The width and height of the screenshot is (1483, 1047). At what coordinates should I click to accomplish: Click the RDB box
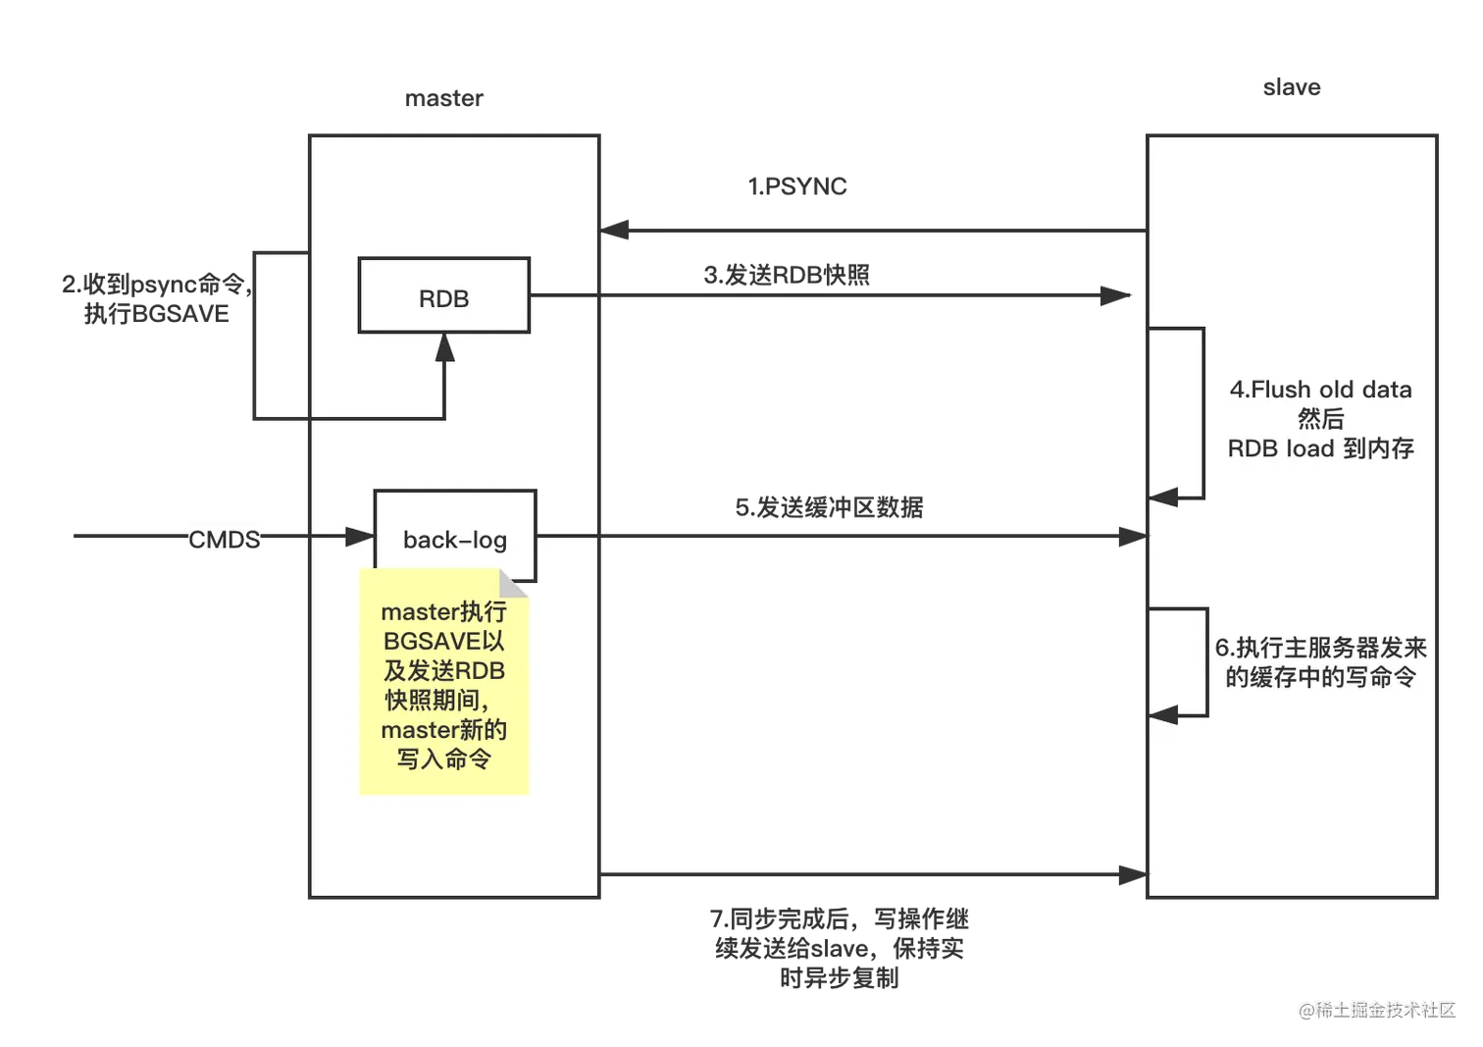click(443, 296)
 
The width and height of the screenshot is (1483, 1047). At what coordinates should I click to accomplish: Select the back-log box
click(454, 537)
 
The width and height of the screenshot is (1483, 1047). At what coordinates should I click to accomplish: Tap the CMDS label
click(224, 539)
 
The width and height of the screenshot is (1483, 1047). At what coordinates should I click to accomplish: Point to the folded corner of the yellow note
click(515, 582)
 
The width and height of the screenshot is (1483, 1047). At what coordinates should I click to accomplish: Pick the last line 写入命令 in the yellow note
click(443, 759)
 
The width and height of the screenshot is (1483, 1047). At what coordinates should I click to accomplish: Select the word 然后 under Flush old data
click(1320, 419)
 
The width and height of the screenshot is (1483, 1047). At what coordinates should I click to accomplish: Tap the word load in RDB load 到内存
click(1309, 448)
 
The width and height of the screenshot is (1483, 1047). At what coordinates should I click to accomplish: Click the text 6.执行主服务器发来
click(1320, 648)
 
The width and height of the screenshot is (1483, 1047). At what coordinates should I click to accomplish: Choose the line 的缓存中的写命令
click(1320, 677)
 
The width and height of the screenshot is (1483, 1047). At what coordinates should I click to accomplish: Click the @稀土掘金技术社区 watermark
click(1376, 1008)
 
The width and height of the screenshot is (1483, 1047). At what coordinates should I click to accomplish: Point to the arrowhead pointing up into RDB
click(444, 346)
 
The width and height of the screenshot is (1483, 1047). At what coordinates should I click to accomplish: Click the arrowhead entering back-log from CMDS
click(360, 536)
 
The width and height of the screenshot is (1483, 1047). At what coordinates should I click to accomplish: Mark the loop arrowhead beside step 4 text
click(1163, 497)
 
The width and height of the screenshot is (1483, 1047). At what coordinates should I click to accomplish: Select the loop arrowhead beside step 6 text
click(1163, 715)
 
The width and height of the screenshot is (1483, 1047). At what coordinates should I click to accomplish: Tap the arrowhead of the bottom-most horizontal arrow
click(1128, 872)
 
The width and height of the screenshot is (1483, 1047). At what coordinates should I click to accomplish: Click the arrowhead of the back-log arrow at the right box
click(1128, 536)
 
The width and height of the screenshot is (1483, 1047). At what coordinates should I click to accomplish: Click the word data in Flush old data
click(1387, 390)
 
